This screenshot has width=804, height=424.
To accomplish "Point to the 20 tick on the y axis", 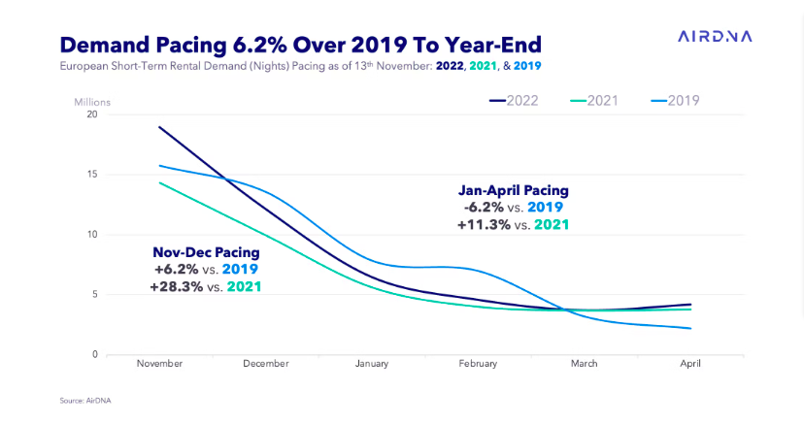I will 92,114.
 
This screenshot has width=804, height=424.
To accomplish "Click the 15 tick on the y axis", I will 92,175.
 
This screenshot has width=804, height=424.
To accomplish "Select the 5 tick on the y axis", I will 95,295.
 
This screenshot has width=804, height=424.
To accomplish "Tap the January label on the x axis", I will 371,364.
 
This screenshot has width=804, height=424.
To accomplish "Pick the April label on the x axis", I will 690,364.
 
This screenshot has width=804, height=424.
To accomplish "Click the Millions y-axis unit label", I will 93,101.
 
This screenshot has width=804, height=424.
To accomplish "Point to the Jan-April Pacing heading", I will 513,190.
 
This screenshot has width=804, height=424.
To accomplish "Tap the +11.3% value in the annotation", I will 484,224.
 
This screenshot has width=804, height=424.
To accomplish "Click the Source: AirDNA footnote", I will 86,400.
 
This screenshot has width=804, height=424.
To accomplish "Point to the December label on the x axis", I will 265,364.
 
